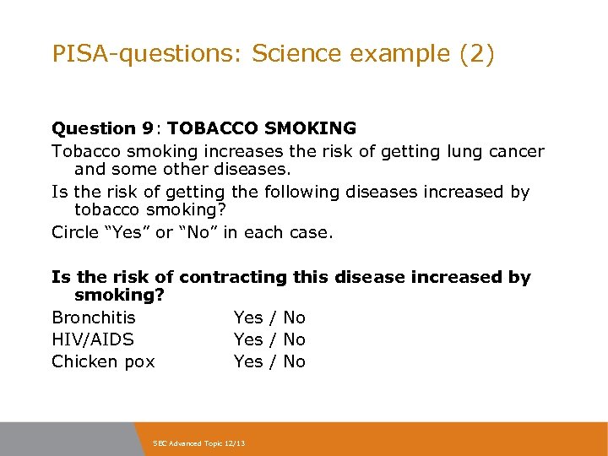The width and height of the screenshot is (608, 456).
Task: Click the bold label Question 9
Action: point(103,128)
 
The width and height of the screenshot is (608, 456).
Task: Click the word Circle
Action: point(74,232)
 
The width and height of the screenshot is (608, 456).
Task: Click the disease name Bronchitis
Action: point(93,318)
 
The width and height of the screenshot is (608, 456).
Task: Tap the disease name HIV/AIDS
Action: point(92,339)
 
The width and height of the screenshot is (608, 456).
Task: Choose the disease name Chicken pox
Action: point(103,361)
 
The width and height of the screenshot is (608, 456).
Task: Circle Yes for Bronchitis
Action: point(248,318)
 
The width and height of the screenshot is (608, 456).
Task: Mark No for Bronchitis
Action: point(294,318)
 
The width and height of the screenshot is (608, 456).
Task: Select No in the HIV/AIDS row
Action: point(294,339)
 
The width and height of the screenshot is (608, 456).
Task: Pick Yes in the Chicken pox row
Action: point(248,361)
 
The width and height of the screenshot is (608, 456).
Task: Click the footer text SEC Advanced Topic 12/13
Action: point(198,442)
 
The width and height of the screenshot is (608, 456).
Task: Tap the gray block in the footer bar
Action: point(68,438)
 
